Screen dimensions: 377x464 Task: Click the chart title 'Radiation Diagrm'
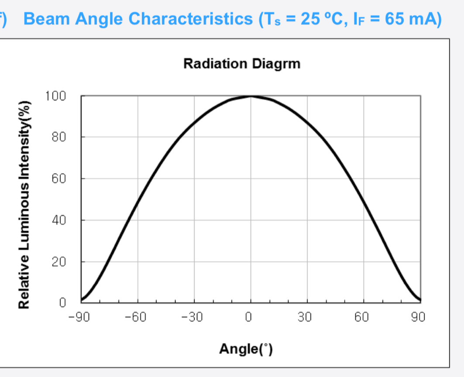coord(242,64)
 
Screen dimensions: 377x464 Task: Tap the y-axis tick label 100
coord(55,96)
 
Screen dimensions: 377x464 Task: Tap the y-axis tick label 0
coord(62,302)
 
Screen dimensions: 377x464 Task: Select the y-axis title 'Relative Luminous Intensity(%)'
coord(25,205)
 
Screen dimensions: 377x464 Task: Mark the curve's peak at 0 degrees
coord(251,96)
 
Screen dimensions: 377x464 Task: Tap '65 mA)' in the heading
coord(413,19)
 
